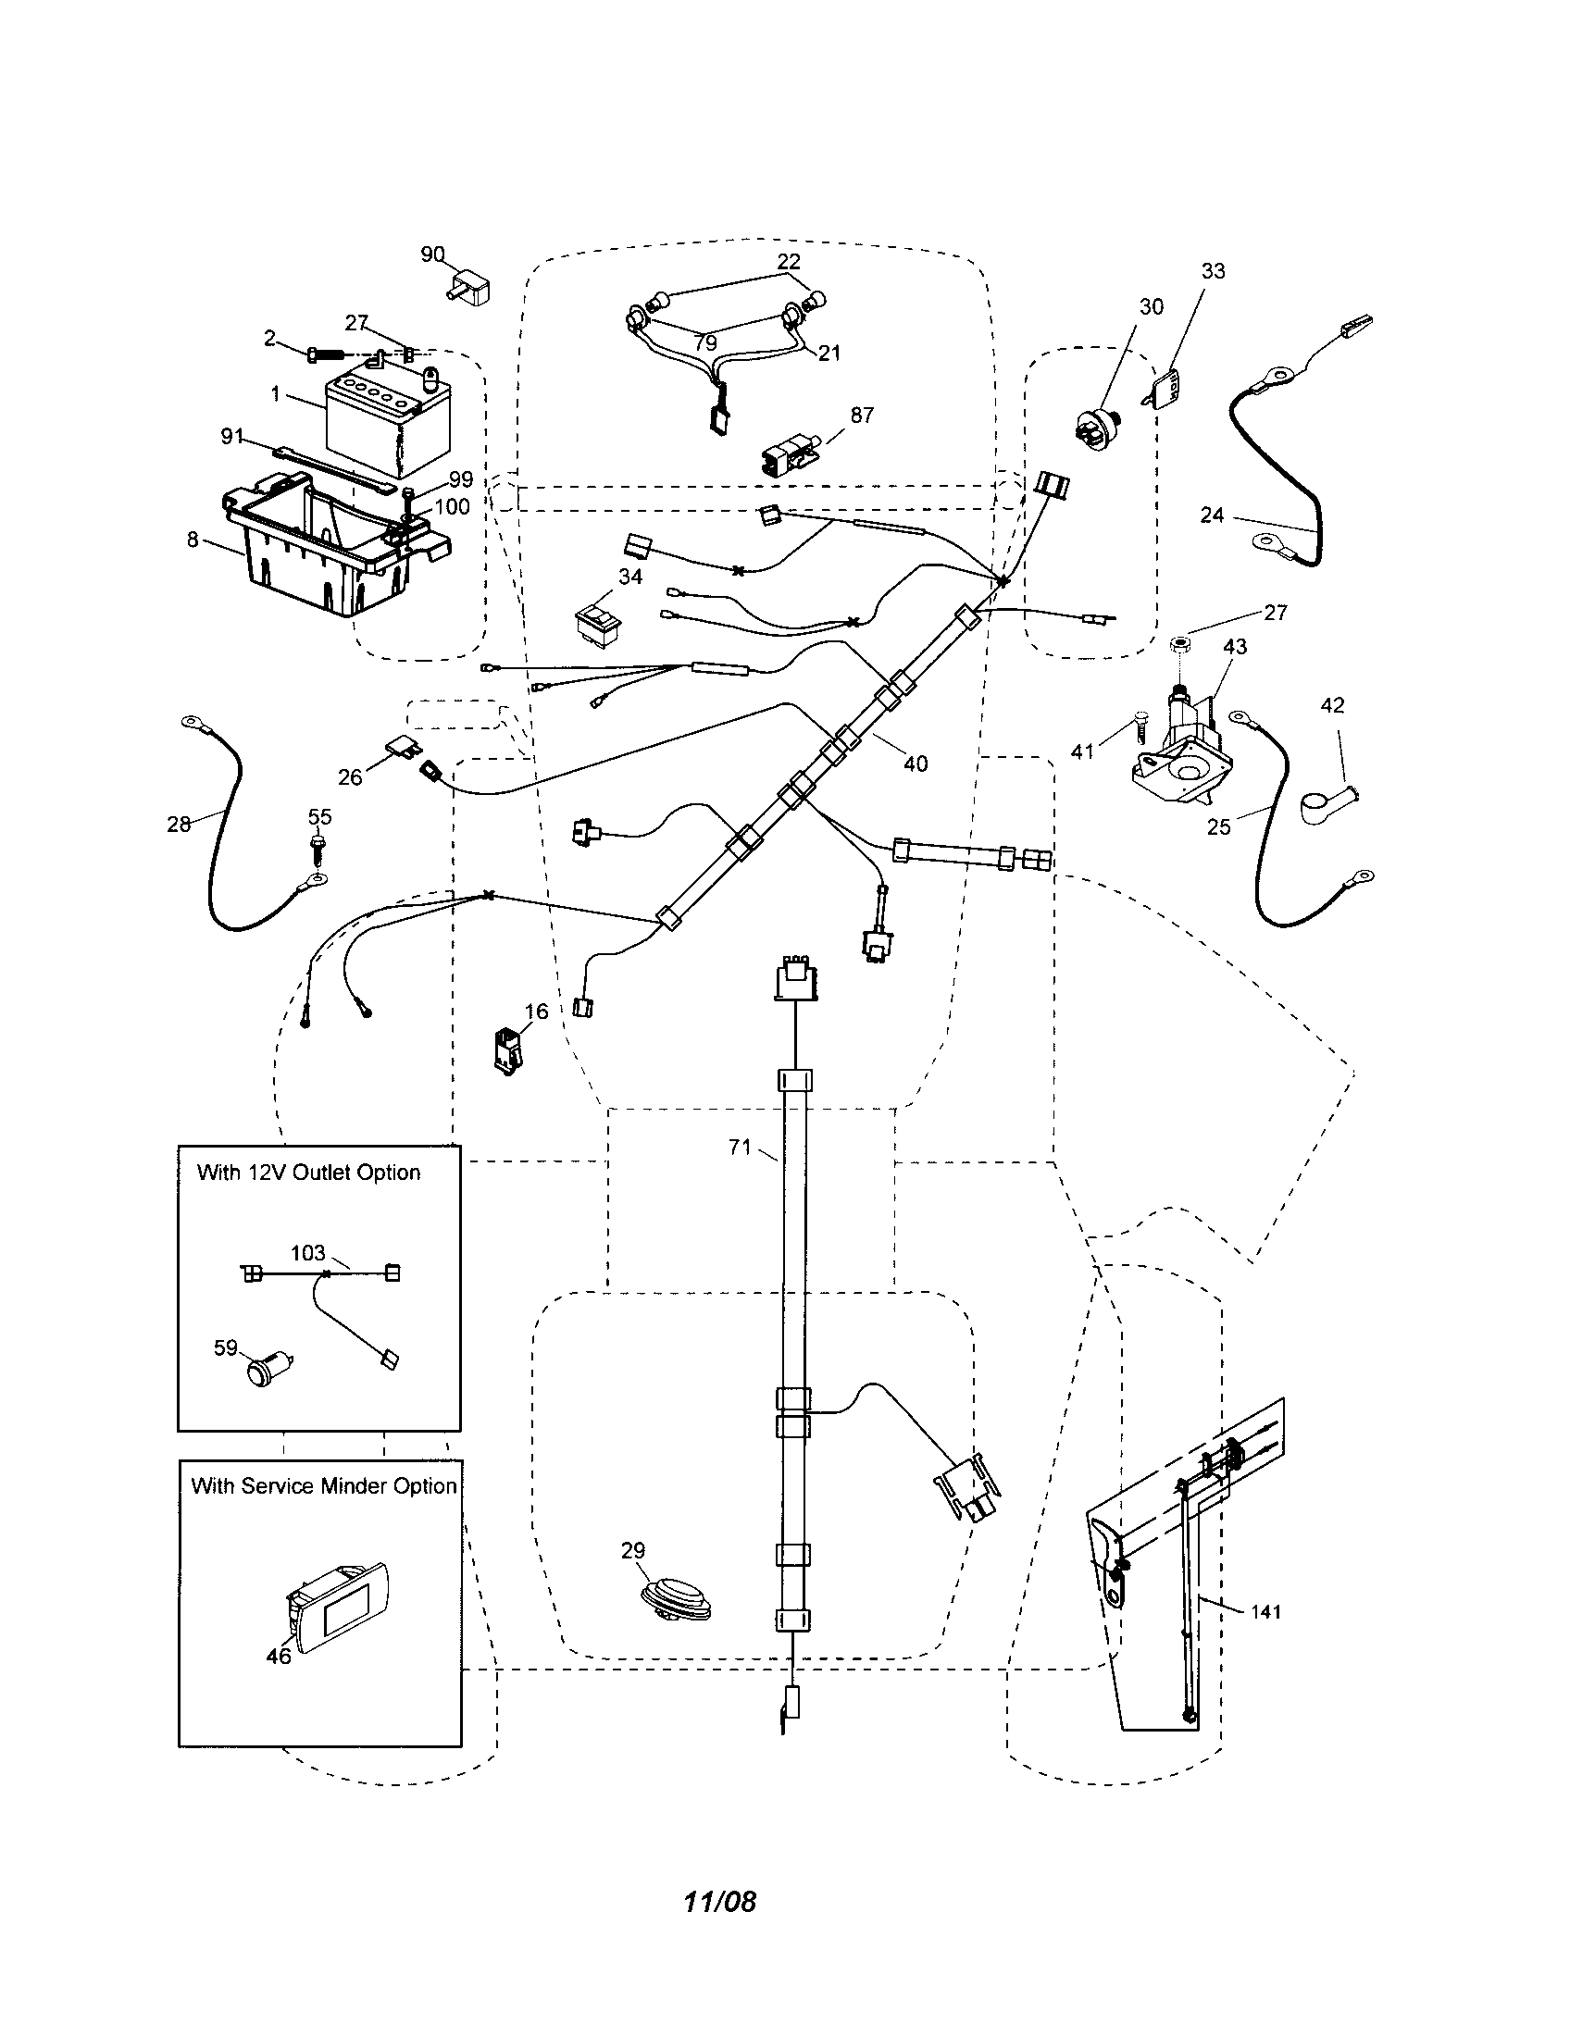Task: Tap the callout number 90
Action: tap(432, 254)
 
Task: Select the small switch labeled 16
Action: tap(508, 1050)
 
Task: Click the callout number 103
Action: tap(307, 1253)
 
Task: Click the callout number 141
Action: tap(1266, 1612)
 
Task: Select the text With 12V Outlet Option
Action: tap(308, 1173)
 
